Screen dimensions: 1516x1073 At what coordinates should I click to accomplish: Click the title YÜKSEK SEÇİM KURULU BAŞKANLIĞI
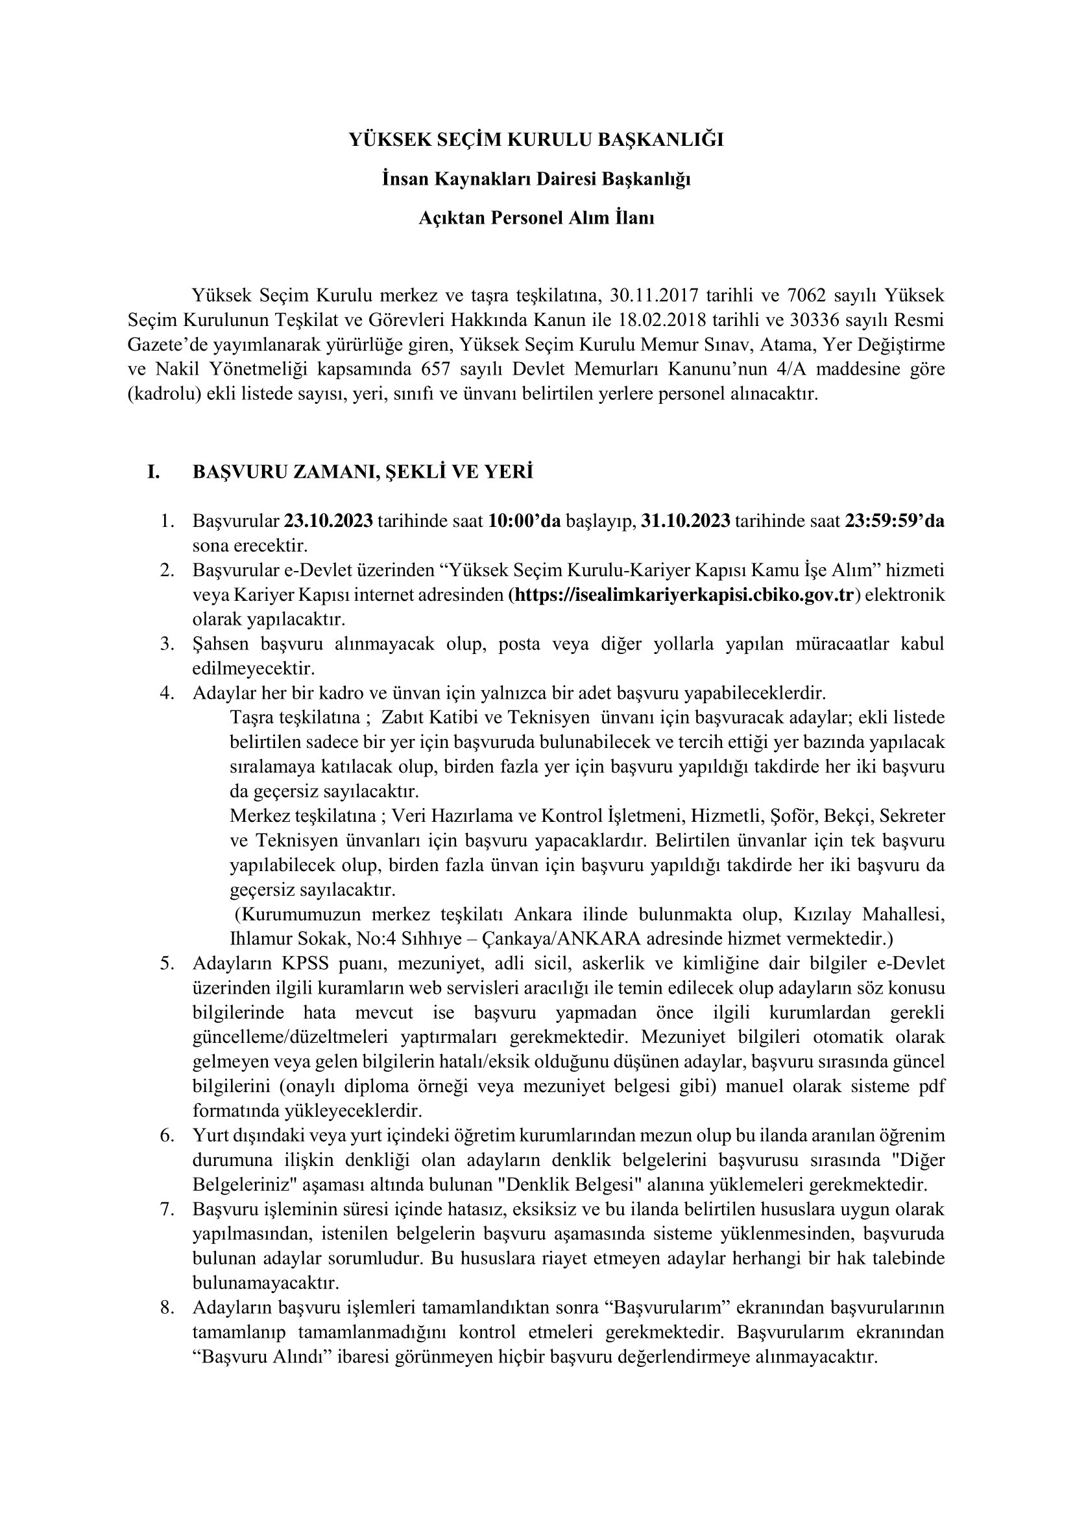(536, 140)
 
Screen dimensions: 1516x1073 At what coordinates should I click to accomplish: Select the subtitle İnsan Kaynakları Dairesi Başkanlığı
(536, 179)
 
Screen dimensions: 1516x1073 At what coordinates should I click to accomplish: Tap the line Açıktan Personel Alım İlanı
(536, 218)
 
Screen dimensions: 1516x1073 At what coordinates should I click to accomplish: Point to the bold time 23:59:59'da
(895, 521)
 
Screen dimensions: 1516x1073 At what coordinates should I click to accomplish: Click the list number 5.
(167, 963)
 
